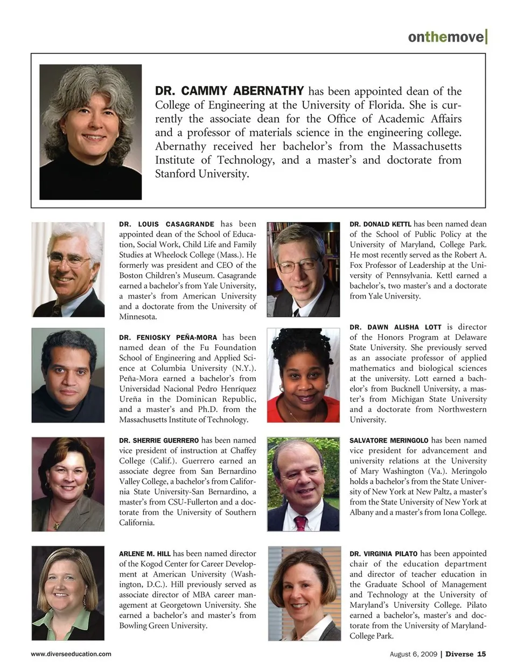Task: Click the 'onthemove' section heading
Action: pyautogui.click(x=446, y=37)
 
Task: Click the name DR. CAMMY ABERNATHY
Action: pyautogui.click(x=229, y=91)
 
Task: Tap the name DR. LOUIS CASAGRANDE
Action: pyautogui.click(x=166, y=224)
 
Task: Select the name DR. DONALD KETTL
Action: pyautogui.click(x=380, y=224)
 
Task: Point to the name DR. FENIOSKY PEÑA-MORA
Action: pyautogui.click(x=168, y=337)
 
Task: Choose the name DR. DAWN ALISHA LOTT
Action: pyautogui.click(x=395, y=327)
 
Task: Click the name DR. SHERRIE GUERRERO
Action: pyautogui.click(x=159, y=440)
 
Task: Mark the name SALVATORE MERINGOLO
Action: pyautogui.click(x=389, y=440)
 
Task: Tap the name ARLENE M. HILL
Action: pyautogui.click(x=145, y=553)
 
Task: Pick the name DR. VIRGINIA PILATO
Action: pyautogui.click(x=383, y=553)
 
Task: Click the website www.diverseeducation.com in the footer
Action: pyautogui.click(x=71, y=654)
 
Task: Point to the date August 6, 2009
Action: pyautogui.click(x=413, y=654)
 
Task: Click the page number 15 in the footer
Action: pyautogui.click(x=481, y=654)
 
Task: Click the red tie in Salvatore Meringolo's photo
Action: pyautogui.click(x=300, y=522)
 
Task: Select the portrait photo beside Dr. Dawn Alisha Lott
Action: pyautogui.click(x=303, y=376)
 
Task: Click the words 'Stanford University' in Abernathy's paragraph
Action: pyautogui.click(x=201, y=174)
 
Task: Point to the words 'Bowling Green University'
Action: pyautogui.click(x=163, y=626)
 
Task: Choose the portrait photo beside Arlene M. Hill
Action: pyautogui.click(x=68, y=593)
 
